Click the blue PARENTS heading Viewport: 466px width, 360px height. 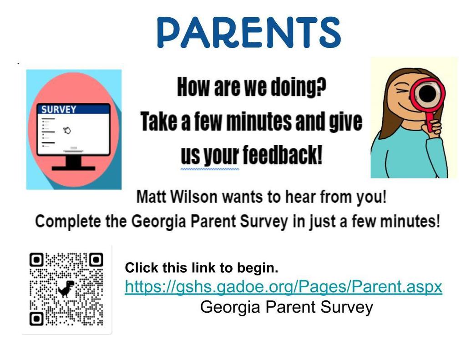click(249, 32)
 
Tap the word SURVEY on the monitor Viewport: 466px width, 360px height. click(59, 109)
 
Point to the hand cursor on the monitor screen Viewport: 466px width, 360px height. click(67, 130)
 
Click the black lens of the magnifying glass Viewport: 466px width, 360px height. click(428, 93)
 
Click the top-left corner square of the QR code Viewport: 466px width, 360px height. click(36, 260)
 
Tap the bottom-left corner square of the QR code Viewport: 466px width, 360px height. click(36, 319)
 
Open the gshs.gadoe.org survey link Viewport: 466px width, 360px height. click(284, 287)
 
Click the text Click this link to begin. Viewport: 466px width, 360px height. click(202, 268)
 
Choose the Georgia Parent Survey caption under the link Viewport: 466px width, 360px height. click(287, 307)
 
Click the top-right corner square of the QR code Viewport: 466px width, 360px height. click(96, 260)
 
